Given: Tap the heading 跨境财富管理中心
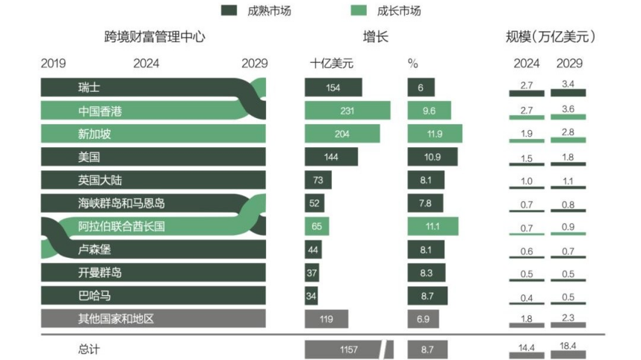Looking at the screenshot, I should [155, 37].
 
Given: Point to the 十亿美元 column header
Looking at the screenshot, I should [332, 63].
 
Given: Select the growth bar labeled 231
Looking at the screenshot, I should [347, 111].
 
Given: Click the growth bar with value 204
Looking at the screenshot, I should [342, 134].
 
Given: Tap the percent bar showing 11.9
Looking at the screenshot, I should [435, 134].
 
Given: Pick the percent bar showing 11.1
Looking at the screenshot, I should [433, 226].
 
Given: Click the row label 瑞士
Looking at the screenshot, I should [89, 87].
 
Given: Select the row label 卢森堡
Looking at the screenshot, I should [95, 249].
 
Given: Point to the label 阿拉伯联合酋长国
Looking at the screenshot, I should [121, 226].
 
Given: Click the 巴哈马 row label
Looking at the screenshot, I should [95, 296].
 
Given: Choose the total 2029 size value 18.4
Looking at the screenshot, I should [568, 348].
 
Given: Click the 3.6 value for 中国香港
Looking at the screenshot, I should [568, 109].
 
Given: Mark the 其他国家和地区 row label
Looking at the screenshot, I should [116, 319].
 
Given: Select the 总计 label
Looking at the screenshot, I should [89, 349].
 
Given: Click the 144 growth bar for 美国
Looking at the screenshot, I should [331, 157].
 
